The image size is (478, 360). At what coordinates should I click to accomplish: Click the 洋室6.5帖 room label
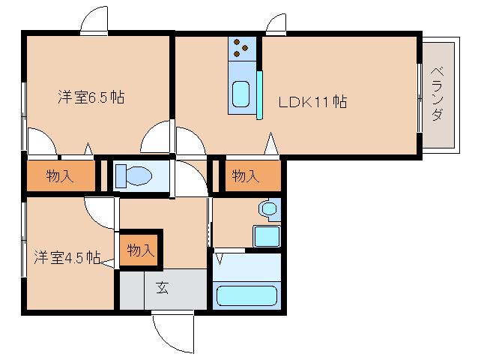pyautogui.click(x=91, y=97)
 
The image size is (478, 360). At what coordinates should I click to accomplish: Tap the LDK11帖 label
pyautogui.click(x=312, y=102)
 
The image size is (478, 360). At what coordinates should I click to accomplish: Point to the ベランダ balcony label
pyautogui.click(x=438, y=94)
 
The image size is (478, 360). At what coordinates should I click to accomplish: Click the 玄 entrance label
pyautogui.click(x=163, y=286)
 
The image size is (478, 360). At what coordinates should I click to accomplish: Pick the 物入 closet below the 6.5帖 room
pyautogui.click(x=61, y=177)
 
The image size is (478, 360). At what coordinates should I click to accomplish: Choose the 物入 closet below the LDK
pyautogui.click(x=245, y=176)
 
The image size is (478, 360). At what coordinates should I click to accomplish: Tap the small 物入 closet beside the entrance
pyautogui.click(x=140, y=250)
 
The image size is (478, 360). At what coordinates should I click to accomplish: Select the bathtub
pyautogui.click(x=246, y=293)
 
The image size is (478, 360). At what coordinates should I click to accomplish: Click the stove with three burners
pyautogui.click(x=241, y=46)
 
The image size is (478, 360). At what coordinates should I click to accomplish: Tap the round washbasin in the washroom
pyautogui.click(x=267, y=208)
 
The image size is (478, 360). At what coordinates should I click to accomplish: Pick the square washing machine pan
pyautogui.click(x=265, y=235)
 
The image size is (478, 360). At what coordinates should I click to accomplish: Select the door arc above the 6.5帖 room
pyautogui.click(x=95, y=21)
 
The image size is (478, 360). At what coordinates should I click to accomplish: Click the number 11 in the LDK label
pyautogui.click(x=321, y=102)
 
